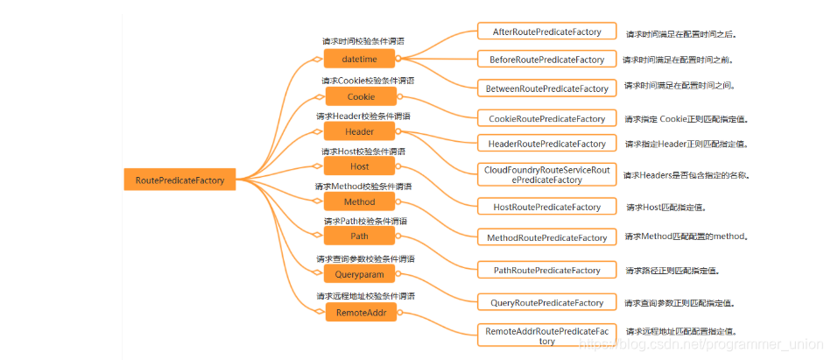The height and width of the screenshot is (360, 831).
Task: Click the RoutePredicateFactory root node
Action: click(180, 180)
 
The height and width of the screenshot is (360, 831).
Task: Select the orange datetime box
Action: click(359, 59)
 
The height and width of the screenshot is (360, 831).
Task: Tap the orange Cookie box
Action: click(361, 96)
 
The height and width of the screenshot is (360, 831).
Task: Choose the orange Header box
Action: click(359, 131)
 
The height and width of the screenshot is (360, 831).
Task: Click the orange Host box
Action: click(359, 166)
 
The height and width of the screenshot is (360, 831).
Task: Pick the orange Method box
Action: click(359, 201)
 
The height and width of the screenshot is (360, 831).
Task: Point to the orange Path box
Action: click(359, 236)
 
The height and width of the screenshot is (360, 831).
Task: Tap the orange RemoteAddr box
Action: click(361, 312)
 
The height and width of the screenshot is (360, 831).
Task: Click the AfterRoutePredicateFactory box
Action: click(540, 32)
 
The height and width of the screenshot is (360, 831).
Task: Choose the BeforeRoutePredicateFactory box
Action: click(540, 60)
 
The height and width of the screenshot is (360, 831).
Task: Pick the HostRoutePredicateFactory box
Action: click(540, 207)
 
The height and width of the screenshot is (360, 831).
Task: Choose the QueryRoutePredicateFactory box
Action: click(540, 302)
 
